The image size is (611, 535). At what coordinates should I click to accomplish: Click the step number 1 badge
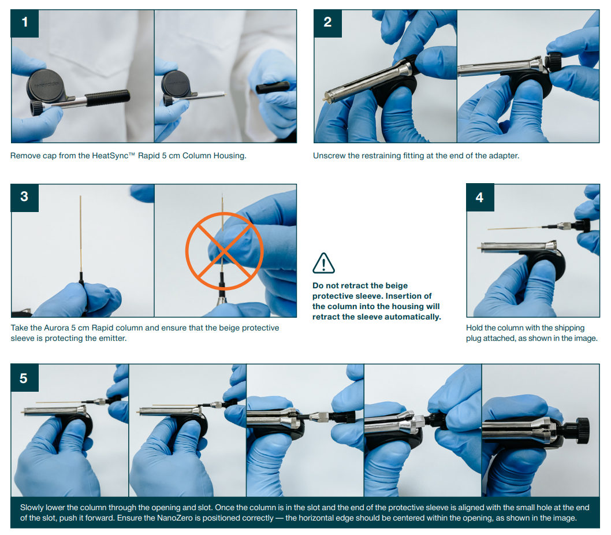pos(25,23)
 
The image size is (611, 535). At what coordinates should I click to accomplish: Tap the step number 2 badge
pos(327,23)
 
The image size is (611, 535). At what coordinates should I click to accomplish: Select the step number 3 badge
pos(25,198)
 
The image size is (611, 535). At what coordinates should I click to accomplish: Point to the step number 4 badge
pos(480,198)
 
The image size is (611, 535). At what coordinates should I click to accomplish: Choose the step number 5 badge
pos(25,378)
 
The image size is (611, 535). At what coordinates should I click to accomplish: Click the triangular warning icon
pos(323,263)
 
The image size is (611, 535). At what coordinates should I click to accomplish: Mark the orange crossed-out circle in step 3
pos(224,251)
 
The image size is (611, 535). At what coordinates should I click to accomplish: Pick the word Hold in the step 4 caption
pos(474,328)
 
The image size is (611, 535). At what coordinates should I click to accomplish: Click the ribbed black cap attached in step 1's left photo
pos(107,98)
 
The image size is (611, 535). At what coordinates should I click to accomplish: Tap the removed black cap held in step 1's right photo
pos(273,87)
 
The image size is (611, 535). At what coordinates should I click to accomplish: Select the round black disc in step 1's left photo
pos(47,86)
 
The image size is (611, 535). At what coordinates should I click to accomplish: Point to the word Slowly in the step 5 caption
pos(32,507)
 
